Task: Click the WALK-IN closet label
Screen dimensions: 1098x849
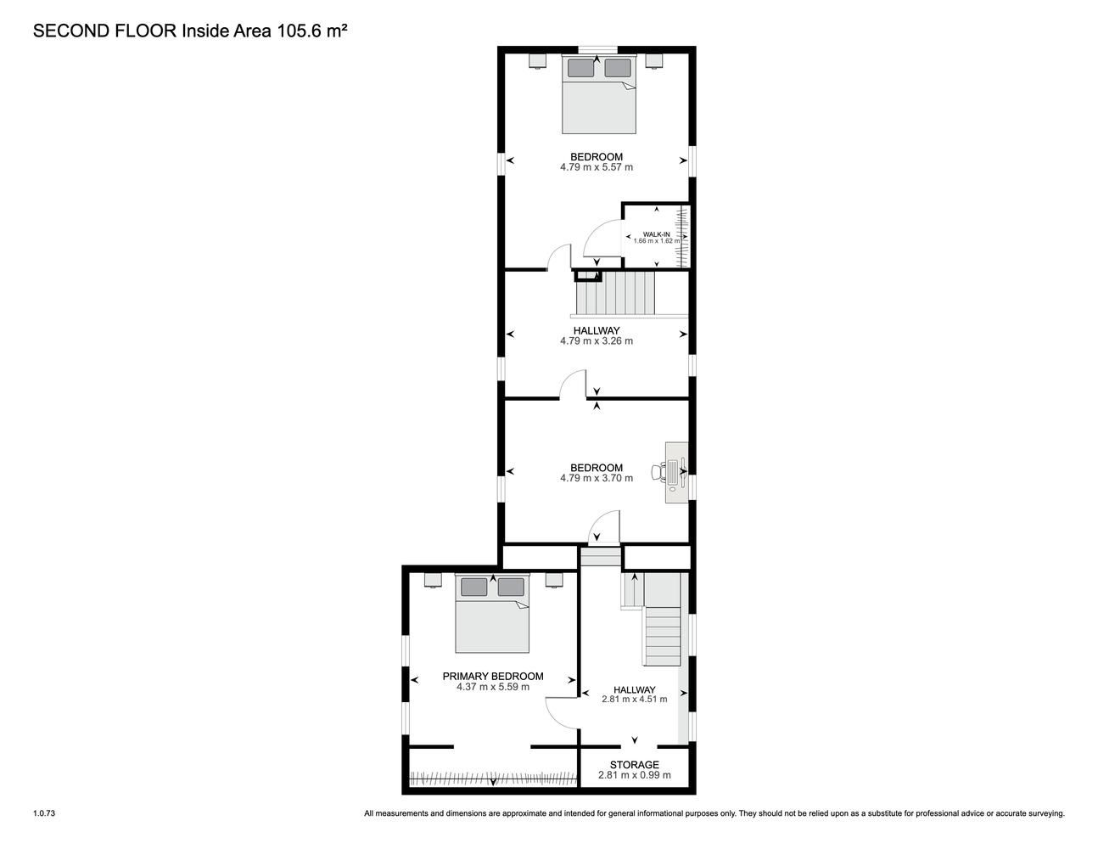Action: click(x=657, y=234)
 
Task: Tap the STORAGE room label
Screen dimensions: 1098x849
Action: click(x=634, y=765)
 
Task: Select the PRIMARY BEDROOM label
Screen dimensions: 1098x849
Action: click(x=493, y=676)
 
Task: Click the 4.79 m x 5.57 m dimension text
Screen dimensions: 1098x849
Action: click(x=597, y=167)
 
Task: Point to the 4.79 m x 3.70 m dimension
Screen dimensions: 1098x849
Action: click(x=597, y=478)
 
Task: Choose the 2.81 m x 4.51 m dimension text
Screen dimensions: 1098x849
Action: click(x=634, y=700)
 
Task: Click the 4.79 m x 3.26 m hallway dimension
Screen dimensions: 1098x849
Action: click(x=597, y=341)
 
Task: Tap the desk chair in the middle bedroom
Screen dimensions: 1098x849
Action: click(x=658, y=472)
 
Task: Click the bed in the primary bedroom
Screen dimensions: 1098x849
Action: click(x=492, y=613)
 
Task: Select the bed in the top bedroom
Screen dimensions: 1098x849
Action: click(x=599, y=94)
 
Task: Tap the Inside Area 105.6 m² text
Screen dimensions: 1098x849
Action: click(x=264, y=31)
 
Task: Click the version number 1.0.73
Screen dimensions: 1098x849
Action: click(x=44, y=813)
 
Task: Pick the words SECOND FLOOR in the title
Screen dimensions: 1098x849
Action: click(x=104, y=31)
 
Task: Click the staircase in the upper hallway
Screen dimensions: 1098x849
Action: click(x=615, y=293)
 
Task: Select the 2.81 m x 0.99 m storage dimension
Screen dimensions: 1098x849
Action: click(x=634, y=775)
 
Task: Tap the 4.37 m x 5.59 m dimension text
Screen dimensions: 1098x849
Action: click(x=493, y=687)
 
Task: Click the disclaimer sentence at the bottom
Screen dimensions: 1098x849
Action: click(x=714, y=813)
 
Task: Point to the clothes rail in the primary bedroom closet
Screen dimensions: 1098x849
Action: click(x=493, y=779)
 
